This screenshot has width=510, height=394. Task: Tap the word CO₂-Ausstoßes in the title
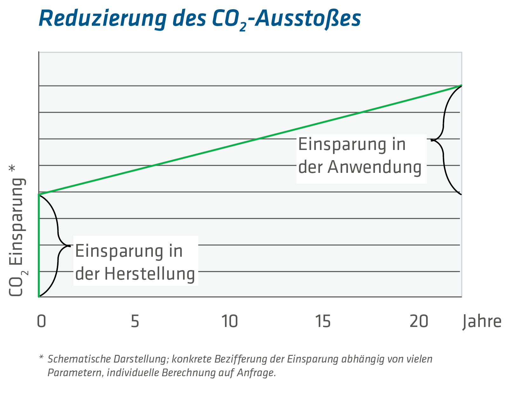286,19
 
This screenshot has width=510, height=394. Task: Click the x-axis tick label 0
42,321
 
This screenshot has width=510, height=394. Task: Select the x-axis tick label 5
135,321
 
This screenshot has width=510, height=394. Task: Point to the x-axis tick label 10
230,321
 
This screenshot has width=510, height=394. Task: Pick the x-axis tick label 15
323,321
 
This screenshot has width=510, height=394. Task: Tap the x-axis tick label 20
418,321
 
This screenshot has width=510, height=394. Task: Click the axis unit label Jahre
482,321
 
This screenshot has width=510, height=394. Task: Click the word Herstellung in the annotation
149,274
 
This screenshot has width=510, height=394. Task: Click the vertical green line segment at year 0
39,245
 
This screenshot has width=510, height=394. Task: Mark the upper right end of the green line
460,86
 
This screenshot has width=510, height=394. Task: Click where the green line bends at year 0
39,194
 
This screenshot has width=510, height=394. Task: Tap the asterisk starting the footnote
41,358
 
